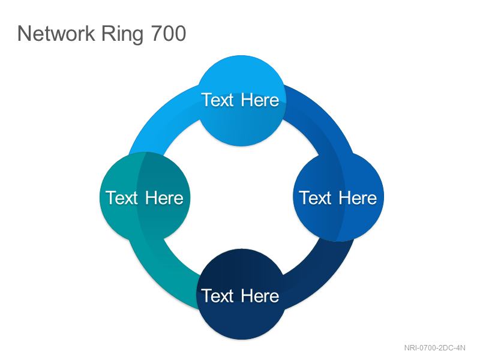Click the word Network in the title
click(56, 34)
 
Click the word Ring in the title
click(122, 34)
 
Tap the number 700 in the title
click(169, 34)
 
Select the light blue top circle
click(241, 100)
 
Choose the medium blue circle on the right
click(338, 197)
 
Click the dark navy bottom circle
click(241, 294)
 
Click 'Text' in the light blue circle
click(218, 100)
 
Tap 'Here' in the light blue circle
click(260, 100)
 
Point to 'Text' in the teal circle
click(122, 198)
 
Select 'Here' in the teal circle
click(164, 198)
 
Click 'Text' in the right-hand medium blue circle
click(316, 198)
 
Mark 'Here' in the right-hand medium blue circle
click(358, 198)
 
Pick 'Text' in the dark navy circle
click(218, 296)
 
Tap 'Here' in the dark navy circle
click(260, 296)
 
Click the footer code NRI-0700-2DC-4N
click(434, 348)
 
